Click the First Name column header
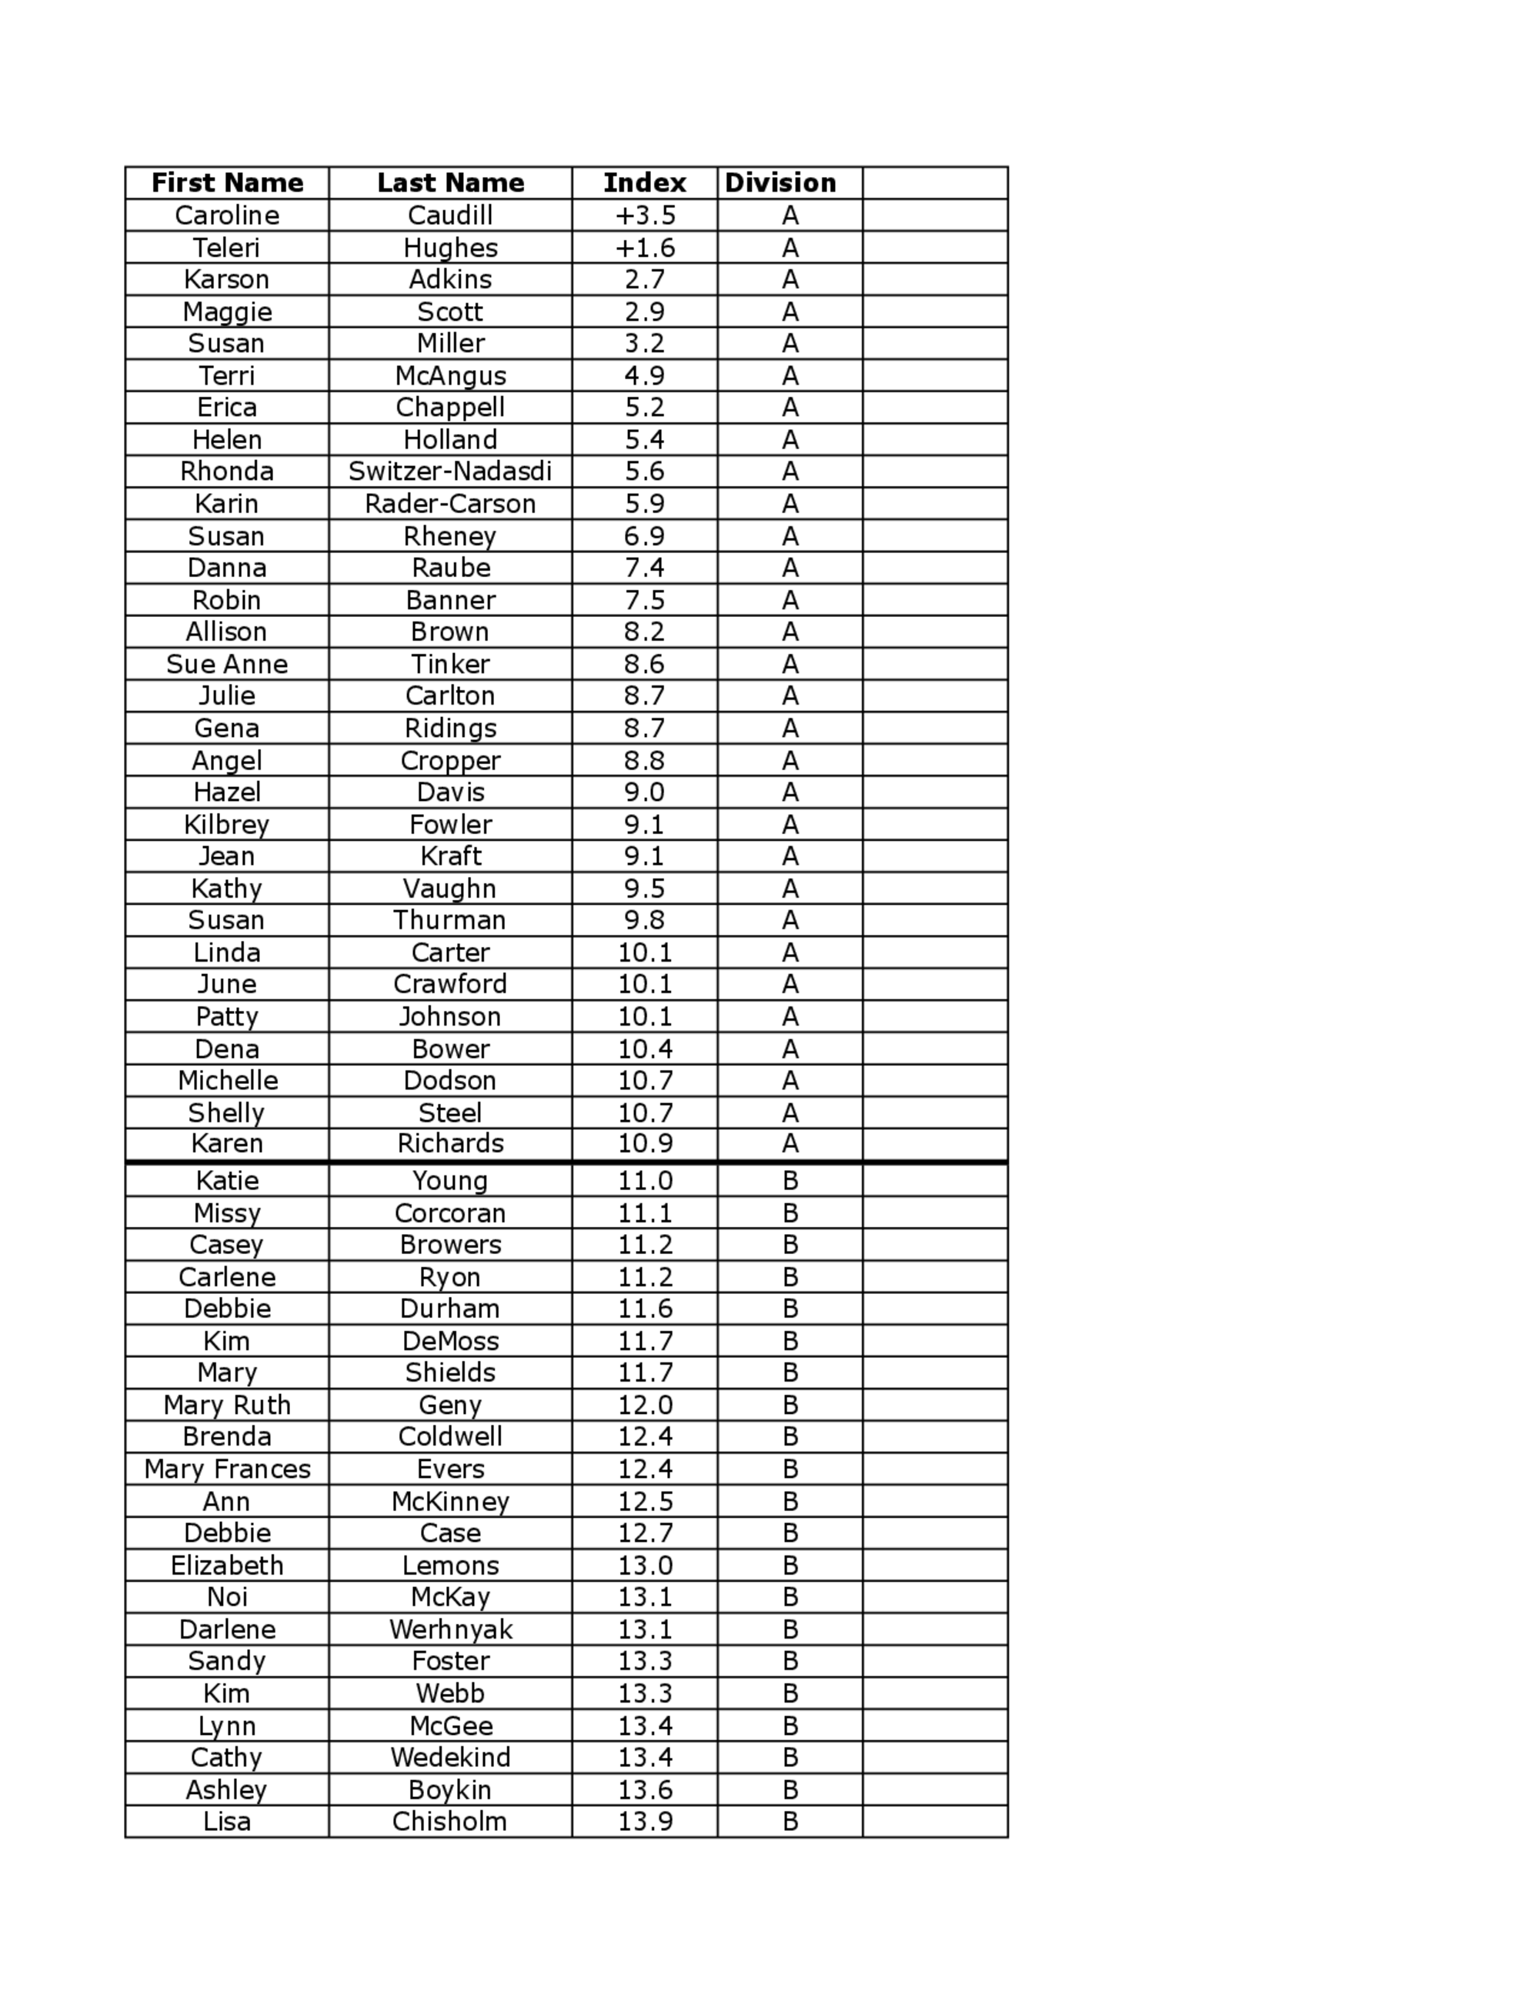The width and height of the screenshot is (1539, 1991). tap(227, 183)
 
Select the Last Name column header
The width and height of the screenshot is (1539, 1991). tap(450, 183)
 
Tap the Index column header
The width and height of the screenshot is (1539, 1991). tap(645, 183)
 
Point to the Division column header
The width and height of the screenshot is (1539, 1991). tap(780, 183)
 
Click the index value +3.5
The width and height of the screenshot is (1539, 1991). tap(645, 216)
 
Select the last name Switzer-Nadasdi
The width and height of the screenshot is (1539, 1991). tap(450, 472)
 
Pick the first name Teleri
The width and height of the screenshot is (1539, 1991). tap(227, 248)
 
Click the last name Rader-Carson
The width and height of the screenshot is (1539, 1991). tap(450, 504)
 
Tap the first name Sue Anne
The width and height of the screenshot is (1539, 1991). tap(227, 665)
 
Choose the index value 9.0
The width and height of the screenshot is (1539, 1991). tap(645, 792)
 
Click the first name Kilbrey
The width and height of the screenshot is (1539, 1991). tap(227, 825)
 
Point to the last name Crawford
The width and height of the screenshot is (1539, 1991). tap(450, 985)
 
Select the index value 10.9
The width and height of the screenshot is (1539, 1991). tap(645, 1144)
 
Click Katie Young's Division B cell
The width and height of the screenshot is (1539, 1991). tap(790, 1182)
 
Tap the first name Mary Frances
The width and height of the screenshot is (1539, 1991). tap(227, 1469)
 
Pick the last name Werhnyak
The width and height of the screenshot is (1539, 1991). tap(450, 1629)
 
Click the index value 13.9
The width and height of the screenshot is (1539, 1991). tap(645, 1822)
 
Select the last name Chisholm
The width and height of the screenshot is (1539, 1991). tap(450, 1822)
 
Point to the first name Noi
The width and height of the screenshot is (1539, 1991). tap(227, 1597)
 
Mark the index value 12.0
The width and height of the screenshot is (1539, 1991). tap(645, 1405)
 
